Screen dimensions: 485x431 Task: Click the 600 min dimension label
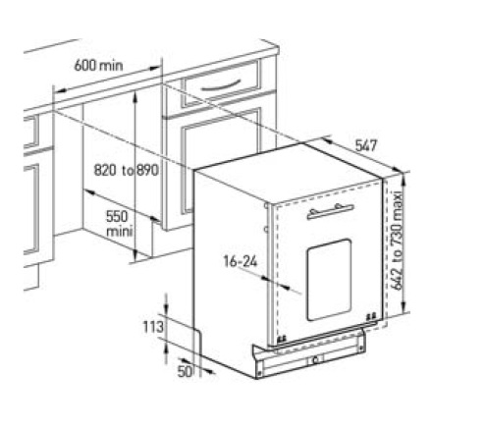[98, 66]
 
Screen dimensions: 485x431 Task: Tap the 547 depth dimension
[366, 145]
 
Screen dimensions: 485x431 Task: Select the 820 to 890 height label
[127, 170]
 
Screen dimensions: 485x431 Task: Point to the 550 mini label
[120, 224]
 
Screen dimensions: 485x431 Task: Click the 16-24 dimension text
[241, 261]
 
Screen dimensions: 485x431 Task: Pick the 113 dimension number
[153, 327]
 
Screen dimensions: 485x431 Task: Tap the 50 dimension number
[185, 371]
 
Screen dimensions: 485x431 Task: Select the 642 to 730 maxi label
[397, 241]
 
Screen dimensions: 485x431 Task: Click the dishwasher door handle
[331, 211]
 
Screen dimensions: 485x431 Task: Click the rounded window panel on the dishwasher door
[329, 280]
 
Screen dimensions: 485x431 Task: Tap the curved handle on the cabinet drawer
[221, 85]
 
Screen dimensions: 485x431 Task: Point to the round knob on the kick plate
[315, 360]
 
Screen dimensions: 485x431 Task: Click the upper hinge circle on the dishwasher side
[266, 206]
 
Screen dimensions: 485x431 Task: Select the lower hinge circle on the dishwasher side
[266, 230]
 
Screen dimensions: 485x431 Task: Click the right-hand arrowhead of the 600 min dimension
[155, 69]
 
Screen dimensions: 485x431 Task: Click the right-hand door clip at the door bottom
[371, 316]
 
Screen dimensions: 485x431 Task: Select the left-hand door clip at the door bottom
[281, 340]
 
